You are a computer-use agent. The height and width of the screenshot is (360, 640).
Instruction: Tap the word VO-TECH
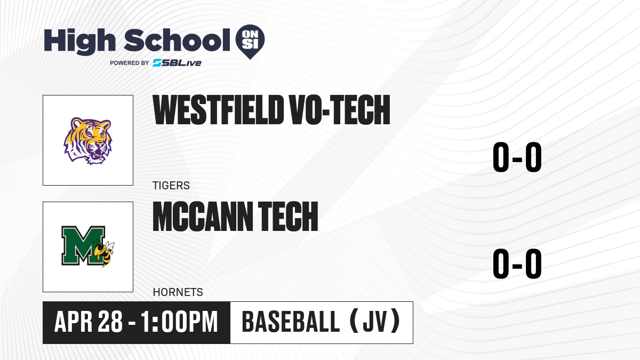339,110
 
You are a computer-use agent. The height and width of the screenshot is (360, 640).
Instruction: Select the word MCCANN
203,217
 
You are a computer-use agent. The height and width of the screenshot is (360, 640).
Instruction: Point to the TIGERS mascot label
171,186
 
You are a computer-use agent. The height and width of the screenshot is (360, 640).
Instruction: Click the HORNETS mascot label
178,292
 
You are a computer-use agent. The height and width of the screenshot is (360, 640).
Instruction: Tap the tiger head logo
87,141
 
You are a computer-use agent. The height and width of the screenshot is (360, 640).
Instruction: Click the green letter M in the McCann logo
83,245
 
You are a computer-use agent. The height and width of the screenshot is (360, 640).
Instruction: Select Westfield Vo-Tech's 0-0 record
517,157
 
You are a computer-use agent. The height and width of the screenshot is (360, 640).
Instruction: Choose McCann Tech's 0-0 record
517,263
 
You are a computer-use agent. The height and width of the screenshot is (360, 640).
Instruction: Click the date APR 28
89,322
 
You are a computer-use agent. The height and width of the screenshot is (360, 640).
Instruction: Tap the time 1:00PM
179,322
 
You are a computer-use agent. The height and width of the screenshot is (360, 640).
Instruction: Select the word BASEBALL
291,322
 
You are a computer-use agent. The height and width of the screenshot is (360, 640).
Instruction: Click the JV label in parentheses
375,322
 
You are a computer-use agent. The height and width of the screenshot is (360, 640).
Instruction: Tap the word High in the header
80,41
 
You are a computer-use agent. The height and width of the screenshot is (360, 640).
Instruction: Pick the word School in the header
177,40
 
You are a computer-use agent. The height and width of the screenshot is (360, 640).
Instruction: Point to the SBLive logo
177,63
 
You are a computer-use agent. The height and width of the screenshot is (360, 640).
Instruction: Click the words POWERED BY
130,63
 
